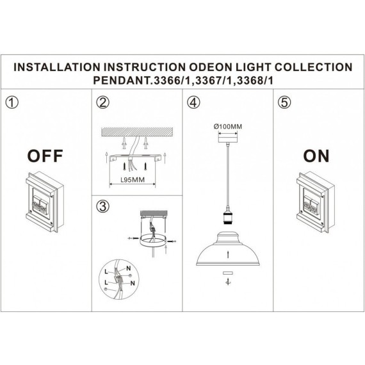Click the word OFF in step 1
pyautogui.click(x=45, y=155)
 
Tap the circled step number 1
pyautogui.click(x=10, y=102)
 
